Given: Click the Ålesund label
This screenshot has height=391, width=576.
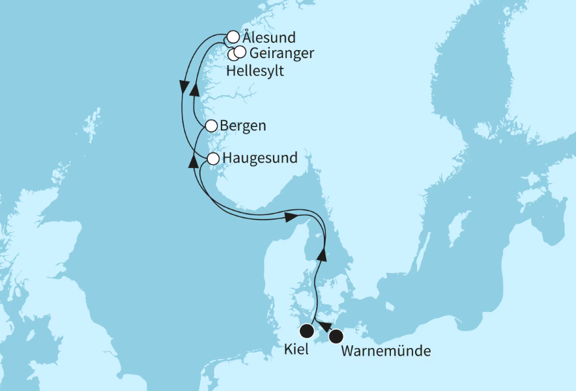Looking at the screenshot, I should (268, 37).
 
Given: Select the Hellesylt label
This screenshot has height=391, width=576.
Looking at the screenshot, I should (255, 71).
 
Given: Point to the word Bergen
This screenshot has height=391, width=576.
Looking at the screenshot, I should (243, 126).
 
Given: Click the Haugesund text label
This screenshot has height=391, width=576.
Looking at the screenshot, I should (259, 158).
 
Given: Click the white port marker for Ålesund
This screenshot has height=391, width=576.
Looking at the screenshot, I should (233, 36).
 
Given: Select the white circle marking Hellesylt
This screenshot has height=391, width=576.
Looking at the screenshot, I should (233, 54).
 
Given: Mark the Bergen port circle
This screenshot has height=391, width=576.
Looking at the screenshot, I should (211, 126).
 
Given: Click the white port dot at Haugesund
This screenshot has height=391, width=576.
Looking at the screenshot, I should (212, 158).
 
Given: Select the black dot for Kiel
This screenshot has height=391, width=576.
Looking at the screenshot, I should (306, 330).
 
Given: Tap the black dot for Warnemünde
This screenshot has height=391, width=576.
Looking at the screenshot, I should (336, 337).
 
